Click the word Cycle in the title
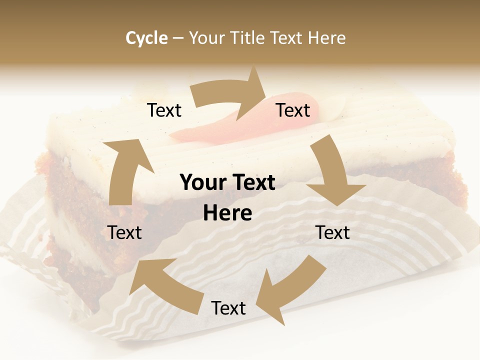pos(146,38)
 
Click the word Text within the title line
pos(287,38)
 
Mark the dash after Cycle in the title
pos(178,38)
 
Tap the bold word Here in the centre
pos(227,213)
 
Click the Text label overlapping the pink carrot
pos(293,110)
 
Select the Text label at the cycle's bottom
pos(228,308)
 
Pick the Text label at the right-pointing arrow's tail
pos(164,110)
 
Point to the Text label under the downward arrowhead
pos(332,232)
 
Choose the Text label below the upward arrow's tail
pos(124,232)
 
